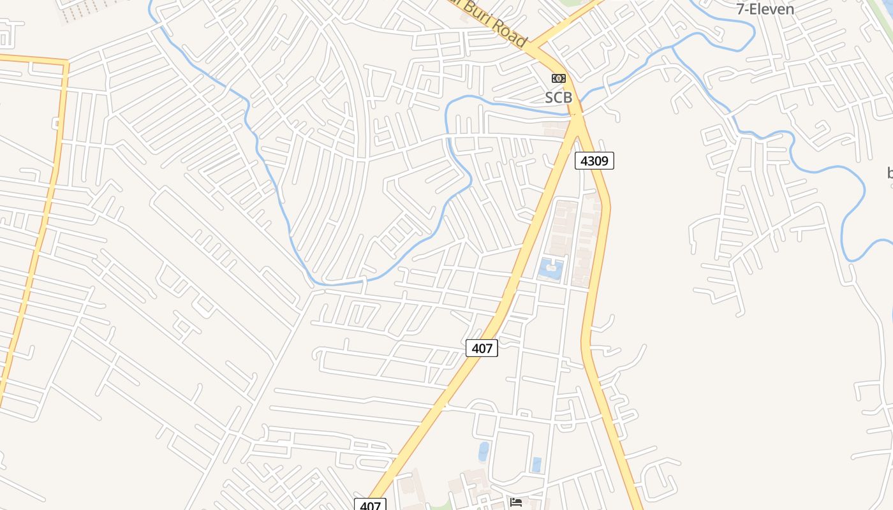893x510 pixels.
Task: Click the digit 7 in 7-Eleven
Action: pyautogui.click(x=741, y=10)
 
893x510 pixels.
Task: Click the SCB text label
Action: pyautogui.click(x=558, y=98)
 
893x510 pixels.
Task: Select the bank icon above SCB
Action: pyautogui.click(x=558, y=78)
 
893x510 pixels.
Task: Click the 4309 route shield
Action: pyautogui.click(x=594, y=161)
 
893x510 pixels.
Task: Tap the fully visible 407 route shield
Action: pyautogui.click(x=482, y=348)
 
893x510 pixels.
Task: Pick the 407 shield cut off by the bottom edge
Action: pyautogui.click(x=370, y=505)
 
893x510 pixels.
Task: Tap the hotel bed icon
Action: pyautogui.click(x=516, y=503)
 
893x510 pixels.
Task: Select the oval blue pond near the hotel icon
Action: pyautogui.click(x=483, y=451)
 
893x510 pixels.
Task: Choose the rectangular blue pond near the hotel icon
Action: pyautogui.click(x=536, y=465)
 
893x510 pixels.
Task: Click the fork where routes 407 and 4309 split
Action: pyautogui.click(x=578, y=121)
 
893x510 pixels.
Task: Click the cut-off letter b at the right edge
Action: pyautogui.click(x=890, y=172)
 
